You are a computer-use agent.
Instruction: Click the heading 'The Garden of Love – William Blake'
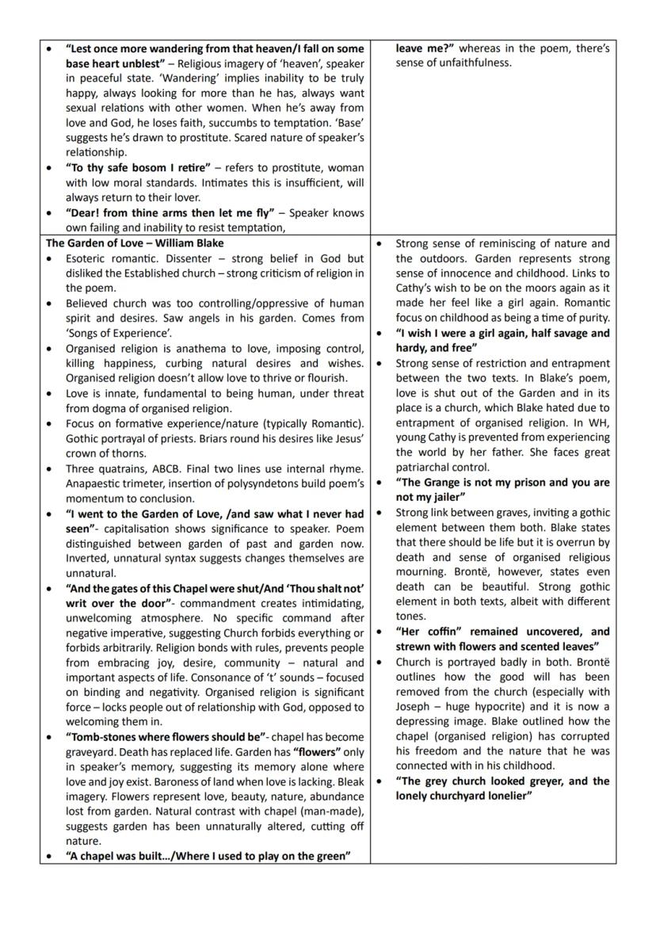pos(135,243)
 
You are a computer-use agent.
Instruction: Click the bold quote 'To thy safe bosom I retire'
pos(139,168)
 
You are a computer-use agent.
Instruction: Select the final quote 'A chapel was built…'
pos(208,856)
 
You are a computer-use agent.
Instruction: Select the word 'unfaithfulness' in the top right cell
pos(473,63)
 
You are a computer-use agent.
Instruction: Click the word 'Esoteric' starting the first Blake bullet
pos(89,259)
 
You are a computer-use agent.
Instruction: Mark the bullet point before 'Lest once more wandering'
pos(51,48)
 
